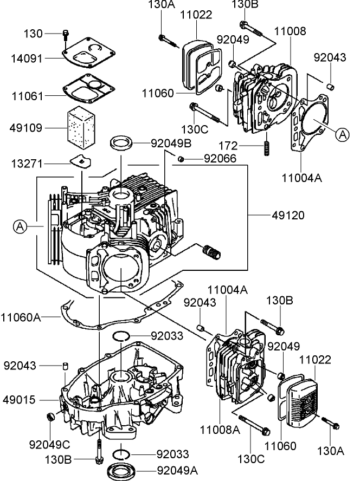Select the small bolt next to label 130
[x=65, y=35]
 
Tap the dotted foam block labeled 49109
[x=80, y=128]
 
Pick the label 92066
[x=220, y=158]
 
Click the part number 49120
[x=288, y=216]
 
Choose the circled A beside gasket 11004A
[x=342, y=135]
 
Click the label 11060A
[x=21, y=316]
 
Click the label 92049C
[x=50, y=445]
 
